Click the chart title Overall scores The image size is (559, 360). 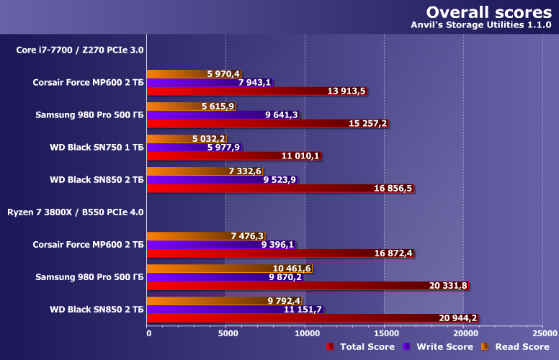[x=490, y=12]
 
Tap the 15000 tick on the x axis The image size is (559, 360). [x=384, y=333]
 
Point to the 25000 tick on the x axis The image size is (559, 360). [x=543, y=333]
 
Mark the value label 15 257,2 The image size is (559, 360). [x=367, y=124]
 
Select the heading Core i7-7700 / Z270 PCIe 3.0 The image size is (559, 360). [x=80, y=50]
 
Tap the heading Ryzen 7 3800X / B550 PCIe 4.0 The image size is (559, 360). [x=76, y=212]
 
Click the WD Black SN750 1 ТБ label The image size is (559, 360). [x=97, y=147]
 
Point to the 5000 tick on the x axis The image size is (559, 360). [x=227, y=333]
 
